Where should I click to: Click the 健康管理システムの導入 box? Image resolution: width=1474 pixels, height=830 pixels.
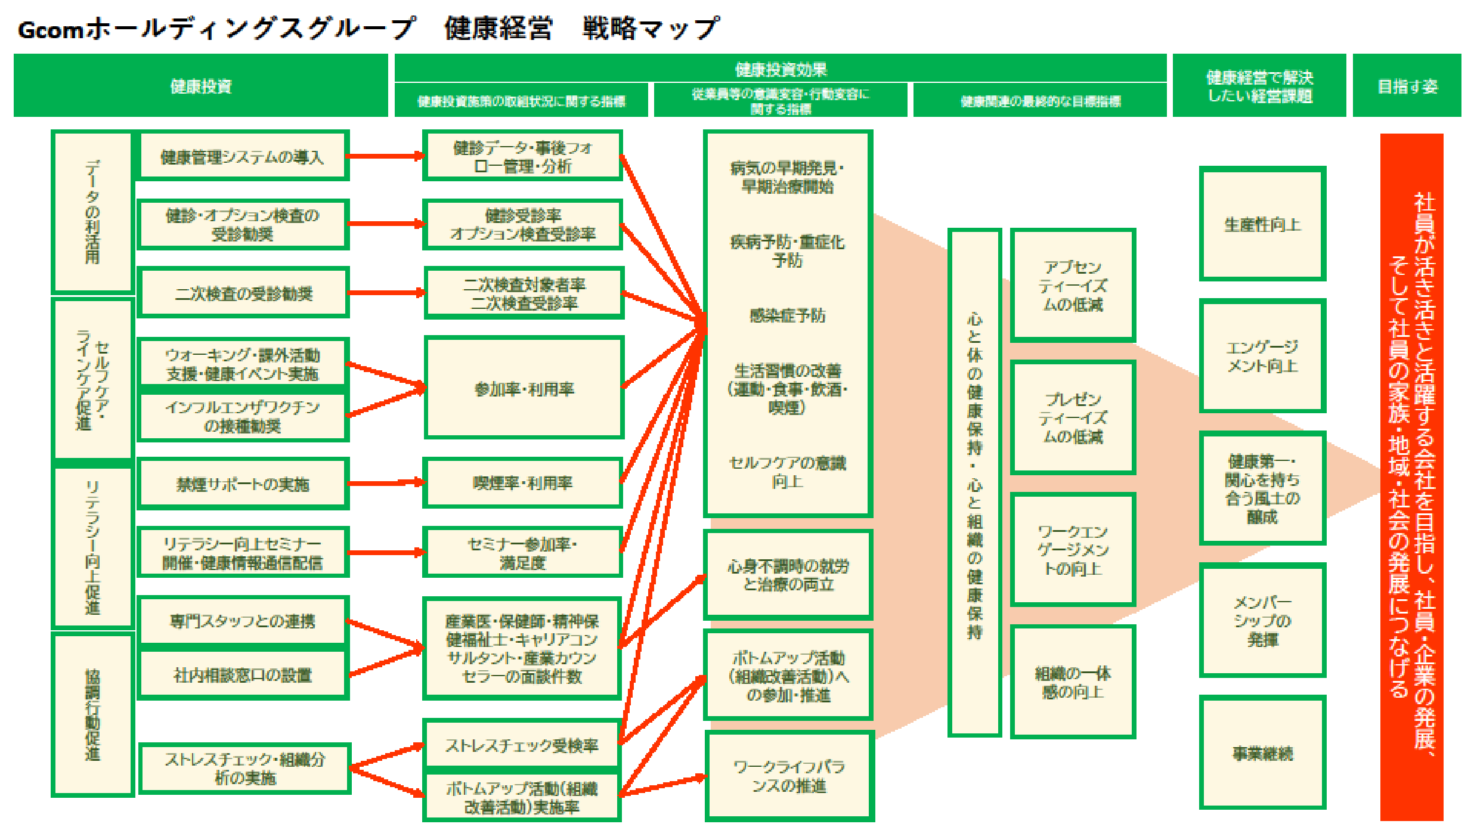243,156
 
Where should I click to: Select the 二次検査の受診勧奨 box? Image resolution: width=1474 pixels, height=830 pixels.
243,293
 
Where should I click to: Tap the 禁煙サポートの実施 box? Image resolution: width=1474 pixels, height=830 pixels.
243,484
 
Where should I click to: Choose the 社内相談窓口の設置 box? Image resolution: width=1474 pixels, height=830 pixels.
243,674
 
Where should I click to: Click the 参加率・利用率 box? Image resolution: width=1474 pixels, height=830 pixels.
524,388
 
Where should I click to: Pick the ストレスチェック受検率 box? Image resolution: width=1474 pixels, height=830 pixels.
522,745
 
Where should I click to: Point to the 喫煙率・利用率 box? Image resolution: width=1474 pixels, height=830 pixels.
522,482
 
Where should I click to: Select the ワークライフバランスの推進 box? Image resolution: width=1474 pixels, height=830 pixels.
789,776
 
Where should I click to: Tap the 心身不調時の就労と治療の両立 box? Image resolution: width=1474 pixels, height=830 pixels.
788,575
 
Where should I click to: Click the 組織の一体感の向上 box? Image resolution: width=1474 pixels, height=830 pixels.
1073,682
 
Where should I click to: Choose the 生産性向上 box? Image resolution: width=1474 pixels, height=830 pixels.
1262,224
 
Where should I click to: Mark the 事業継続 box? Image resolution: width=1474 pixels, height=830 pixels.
1262,752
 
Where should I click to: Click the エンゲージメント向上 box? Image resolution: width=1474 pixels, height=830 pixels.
1262,356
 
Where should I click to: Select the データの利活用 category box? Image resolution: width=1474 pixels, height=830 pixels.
92,212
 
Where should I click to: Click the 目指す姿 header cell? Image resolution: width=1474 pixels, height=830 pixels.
1407,86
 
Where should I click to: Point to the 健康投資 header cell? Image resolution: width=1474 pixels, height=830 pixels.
200,86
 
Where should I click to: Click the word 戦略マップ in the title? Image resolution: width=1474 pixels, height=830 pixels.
651,28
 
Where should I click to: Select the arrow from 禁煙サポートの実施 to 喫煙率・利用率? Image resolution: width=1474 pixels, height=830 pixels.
385,482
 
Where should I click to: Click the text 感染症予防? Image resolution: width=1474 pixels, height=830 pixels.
788,315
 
